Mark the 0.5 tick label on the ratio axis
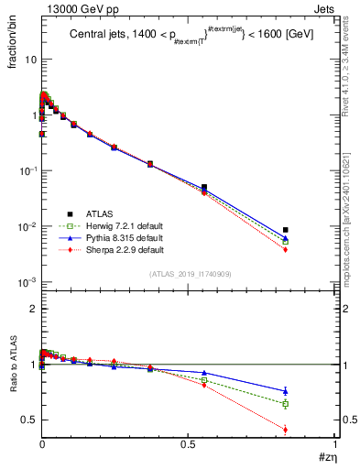[x=28, y=420]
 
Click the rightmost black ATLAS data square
[x=286, y=230]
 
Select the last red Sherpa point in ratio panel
[x=286, y=430]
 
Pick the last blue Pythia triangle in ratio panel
[x=286, y=391]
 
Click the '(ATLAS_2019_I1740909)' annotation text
[x=189, y=275]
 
